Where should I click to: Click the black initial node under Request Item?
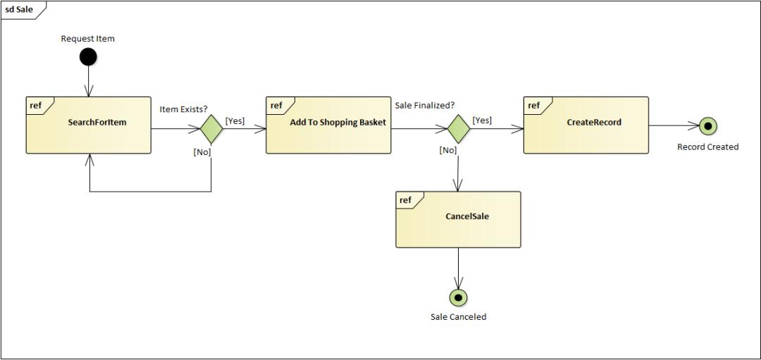coord(88,56)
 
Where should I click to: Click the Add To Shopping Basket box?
coord(328,125)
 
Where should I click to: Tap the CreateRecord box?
coord(586,125)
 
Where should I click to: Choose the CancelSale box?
coord(458,219)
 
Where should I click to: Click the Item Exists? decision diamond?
coord(211,129)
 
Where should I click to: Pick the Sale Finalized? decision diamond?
coord(459,129)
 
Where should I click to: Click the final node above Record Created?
coord(708,127)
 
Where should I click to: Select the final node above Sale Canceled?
coord(459,298)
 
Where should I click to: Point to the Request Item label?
coord(87,39)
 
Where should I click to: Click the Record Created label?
coord(707,147)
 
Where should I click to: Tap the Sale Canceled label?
coord(458,317)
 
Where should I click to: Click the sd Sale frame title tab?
coord(20,10)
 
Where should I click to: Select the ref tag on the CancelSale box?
coord(405,200)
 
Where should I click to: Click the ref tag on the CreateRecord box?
coord(533,106)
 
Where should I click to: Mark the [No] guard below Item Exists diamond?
coord(202,152)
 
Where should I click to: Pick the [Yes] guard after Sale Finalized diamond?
coord(482,120)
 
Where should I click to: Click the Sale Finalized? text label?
coord(424,106)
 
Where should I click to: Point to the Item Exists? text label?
coord(183,109)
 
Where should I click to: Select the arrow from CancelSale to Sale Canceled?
coord(459,268)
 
